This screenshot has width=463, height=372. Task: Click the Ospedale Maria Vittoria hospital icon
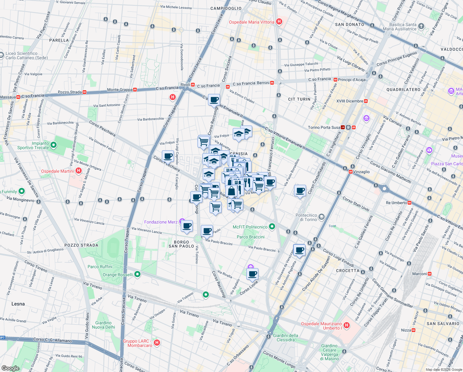tap(279, 22)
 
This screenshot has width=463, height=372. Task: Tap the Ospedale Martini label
tap(58, 171)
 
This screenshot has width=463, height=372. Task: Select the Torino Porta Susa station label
tap(324, 127)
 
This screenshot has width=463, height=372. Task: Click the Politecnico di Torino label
tap(306, 217)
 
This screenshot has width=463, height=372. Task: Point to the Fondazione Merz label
tap(161, 222)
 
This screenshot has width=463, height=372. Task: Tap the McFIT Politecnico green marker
tap(272, 227)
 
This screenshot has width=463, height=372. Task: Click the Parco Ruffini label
tap(100, 267)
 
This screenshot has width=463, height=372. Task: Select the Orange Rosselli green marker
tap(138, 274)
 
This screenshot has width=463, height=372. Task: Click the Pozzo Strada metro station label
tap(70, 92)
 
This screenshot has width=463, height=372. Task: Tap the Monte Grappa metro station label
tap(119, 90)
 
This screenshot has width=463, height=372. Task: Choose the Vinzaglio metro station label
tap(361, 172)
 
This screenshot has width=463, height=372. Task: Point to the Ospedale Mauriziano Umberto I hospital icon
tap(347, 325)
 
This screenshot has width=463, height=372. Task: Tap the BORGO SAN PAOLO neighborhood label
tap(181, 244)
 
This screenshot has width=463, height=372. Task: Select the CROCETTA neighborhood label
tap(348, 271)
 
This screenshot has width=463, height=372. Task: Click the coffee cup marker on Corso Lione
tap(253, 274)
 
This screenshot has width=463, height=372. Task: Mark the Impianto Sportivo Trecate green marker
tap(54, 145)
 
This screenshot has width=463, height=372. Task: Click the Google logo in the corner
tap(10, 368)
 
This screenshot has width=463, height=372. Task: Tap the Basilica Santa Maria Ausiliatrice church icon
tap(421, 26)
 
